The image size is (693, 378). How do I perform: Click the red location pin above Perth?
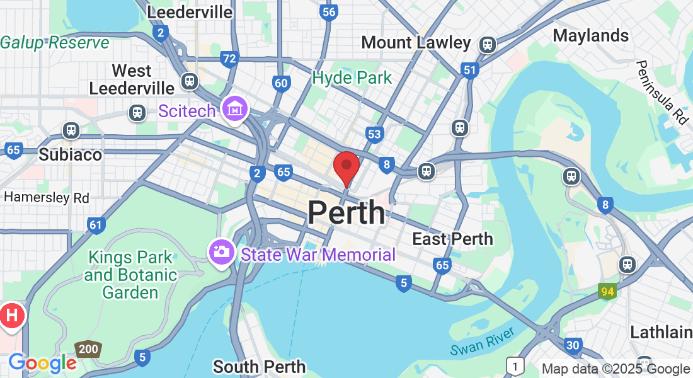(x=346, y=166)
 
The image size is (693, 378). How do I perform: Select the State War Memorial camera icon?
(x=222, y=252)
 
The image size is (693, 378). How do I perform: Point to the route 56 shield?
(x=328, y=12)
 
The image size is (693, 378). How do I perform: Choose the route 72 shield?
(x=230, y=60)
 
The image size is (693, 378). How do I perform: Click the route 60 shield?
(x=281, y=83)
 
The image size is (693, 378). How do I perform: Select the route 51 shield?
(x=469, y=70)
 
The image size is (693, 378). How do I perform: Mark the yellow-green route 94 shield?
(x=607, y=291)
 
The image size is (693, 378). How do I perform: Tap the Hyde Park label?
(x=352, y=78)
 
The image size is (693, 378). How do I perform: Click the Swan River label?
(x=483, y=341)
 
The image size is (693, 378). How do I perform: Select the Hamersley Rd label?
(x=47, y=197)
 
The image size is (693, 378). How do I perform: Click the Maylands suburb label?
(x=590, y=35)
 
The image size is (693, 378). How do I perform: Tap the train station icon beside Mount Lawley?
(x=486, y=45)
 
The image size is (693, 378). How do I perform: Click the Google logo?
(x=42, y=363)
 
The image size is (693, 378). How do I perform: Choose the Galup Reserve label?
(x=55, y=43)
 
